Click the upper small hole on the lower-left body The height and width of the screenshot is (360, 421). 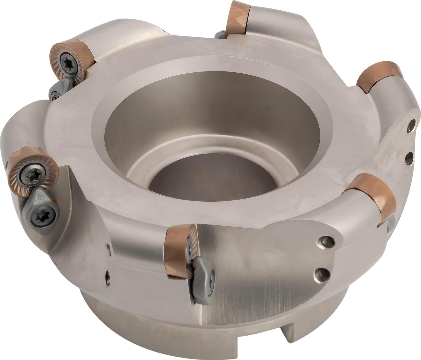108,246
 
